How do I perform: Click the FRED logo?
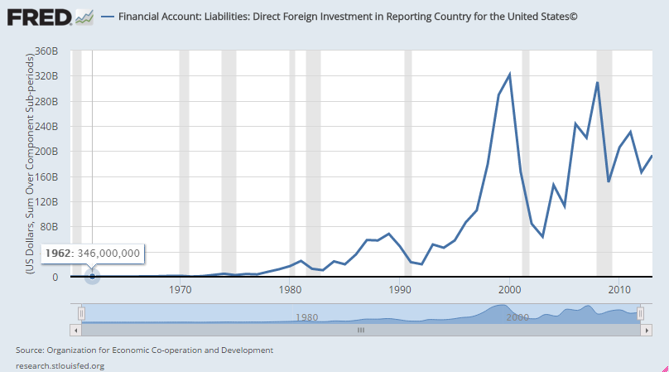[38, 16]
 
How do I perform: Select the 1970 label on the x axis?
[180, 290]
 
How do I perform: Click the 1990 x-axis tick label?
[400, 290]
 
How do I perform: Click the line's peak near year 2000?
[509, 75]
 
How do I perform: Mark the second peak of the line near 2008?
[597, 82]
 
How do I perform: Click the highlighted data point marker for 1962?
[92, 276]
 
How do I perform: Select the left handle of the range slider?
[81, 313]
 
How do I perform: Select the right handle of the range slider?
[640, 313]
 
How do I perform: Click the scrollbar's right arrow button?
[645, 329]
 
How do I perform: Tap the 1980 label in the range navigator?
[306, 317]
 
